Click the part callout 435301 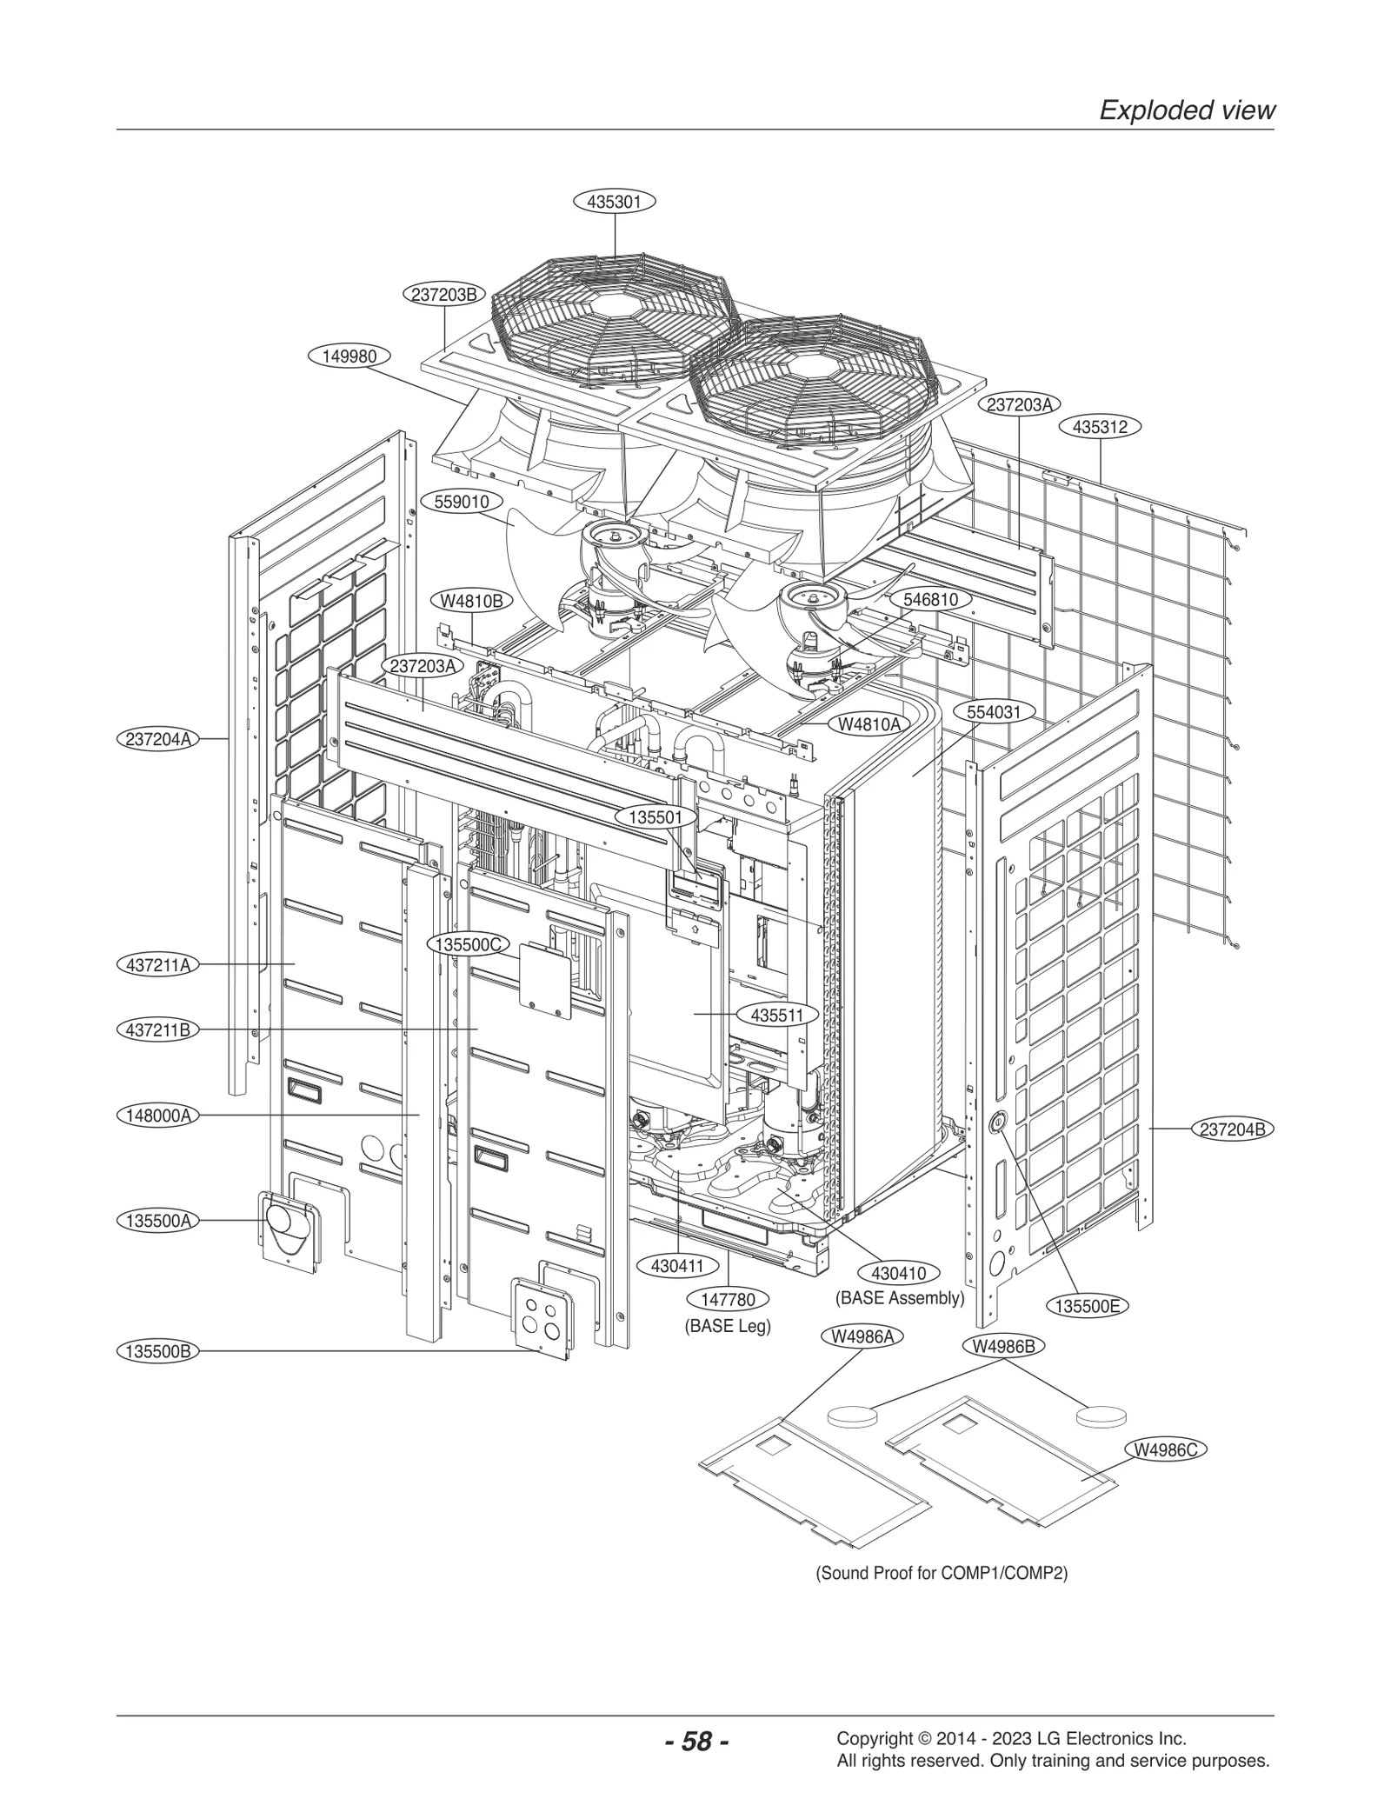(615, 202)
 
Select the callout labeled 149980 (349, 356)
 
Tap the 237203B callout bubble (443, 294)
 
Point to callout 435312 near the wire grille (1100, 427)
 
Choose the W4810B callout (471, 601)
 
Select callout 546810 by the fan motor (930, 599)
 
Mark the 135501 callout (656, 816)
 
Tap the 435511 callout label (777, 1015)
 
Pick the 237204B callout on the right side (1232, 1129)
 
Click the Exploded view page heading (1187, 110)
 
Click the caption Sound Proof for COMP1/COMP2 (941, 1574)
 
